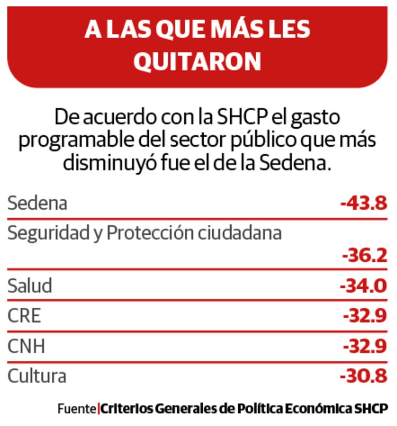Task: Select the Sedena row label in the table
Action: point(37,203)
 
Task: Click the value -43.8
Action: point(364,203)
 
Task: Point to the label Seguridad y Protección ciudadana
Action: point(144,233)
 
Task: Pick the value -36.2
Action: point(364,256)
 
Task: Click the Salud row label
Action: point(30,286)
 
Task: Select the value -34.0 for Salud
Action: point(364,286)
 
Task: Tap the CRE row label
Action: point(24,316)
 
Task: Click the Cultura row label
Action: point(37,376)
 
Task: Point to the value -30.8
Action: point(364,376)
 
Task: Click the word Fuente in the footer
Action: point(77,409)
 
